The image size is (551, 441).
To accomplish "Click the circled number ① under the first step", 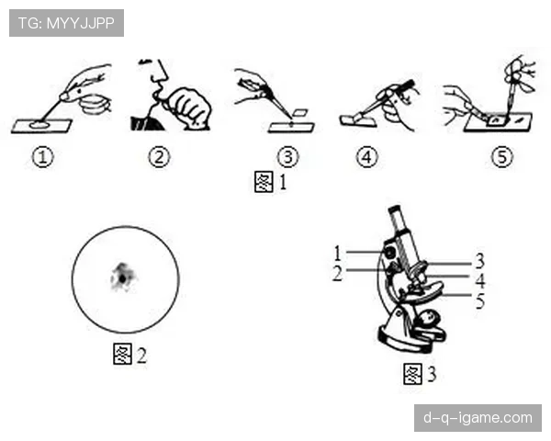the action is pos(43,157).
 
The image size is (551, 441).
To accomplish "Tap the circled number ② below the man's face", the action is pos(159,157).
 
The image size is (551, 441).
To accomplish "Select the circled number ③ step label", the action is pos(287,157).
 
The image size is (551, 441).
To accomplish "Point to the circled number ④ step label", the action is pos(366,157).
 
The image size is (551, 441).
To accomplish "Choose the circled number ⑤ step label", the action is pos(501,157).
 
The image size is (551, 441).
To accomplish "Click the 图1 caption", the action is pos(271,182).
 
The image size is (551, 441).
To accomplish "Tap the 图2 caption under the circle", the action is pos(129,354).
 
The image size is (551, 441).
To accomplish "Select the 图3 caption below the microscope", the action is pos(420,374).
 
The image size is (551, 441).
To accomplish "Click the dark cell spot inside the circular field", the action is pos(123,277).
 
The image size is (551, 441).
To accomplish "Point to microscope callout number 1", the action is pos(337,254).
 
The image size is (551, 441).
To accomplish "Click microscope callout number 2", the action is pos(337,273).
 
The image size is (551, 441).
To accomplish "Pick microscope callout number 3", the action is pos(479,261).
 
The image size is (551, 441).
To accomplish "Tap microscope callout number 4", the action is pos(480,280).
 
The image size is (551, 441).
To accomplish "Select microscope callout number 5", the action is pos(480,301).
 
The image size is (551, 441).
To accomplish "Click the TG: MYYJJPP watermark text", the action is pos(66,23).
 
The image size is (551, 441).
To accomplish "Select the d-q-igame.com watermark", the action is pos(478,418).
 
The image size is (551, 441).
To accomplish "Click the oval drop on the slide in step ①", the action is pos(39,124).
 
